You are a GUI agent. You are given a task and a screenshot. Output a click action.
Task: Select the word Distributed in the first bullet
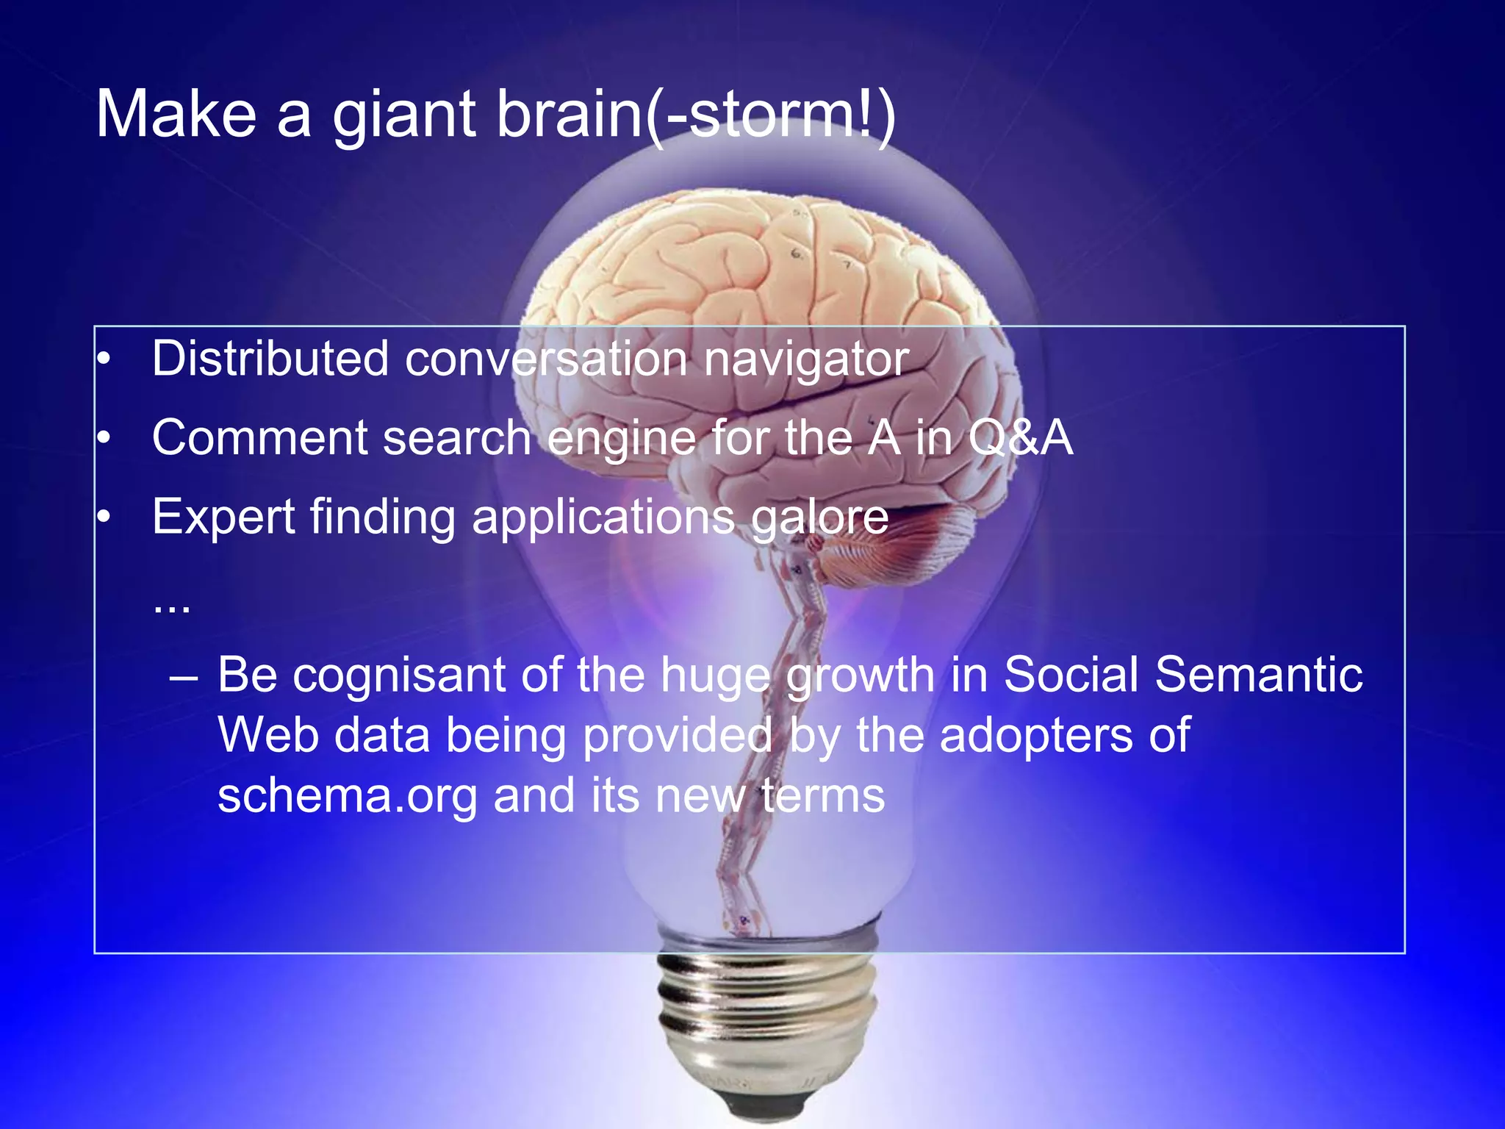point(270,359)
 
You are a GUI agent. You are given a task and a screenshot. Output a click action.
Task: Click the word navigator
point(806,360)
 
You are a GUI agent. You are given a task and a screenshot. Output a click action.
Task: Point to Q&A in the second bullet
point(1020,438)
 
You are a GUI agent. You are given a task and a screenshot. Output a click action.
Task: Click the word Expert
point(223,517)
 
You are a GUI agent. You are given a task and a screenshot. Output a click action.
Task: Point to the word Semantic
point(1258,675)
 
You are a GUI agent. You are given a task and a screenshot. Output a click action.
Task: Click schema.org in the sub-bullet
point(347,797)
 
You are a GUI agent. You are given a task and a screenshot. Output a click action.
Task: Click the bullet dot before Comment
point(104,439)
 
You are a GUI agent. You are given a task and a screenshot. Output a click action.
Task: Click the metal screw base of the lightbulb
point(768,1022)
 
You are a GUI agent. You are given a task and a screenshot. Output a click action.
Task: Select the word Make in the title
point(176,115)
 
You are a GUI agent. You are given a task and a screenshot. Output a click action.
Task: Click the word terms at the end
point(823,797)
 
